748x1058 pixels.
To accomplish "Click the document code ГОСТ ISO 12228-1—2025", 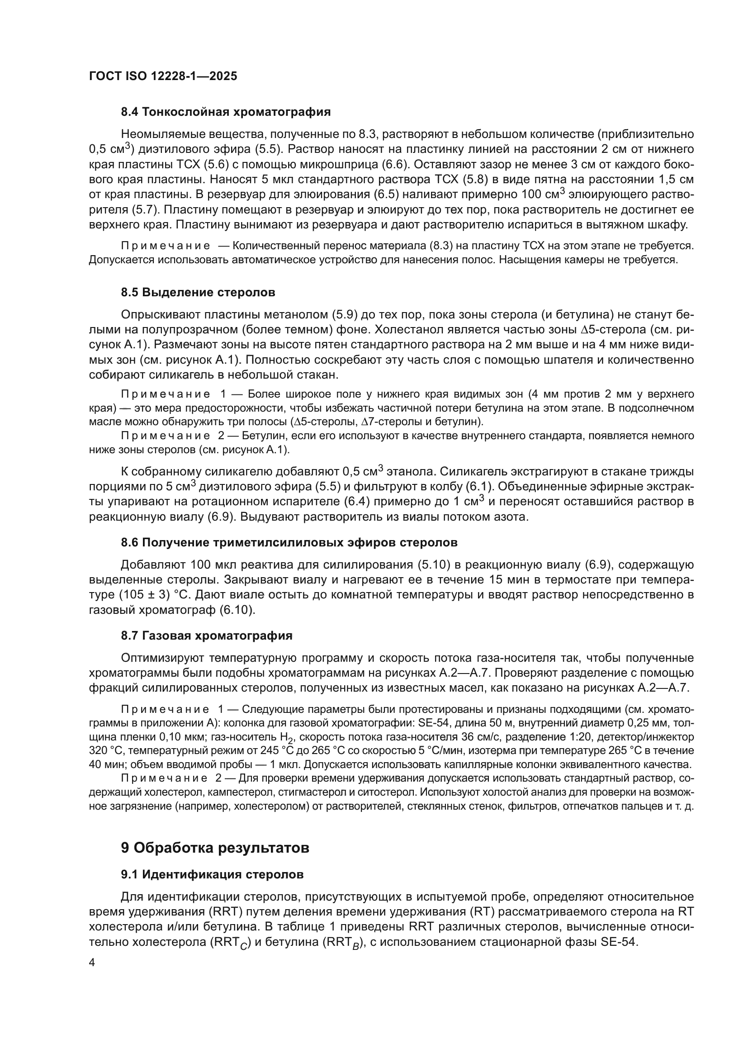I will (163, 76).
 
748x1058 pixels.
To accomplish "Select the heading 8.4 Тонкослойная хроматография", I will (226, 112).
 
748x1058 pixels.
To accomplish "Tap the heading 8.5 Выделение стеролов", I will (198, 292).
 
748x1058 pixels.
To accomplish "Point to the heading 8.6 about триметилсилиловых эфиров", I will (289, 542).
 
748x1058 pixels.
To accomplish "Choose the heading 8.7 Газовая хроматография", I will (206, 636).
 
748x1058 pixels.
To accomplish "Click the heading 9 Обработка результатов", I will (215, 847).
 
